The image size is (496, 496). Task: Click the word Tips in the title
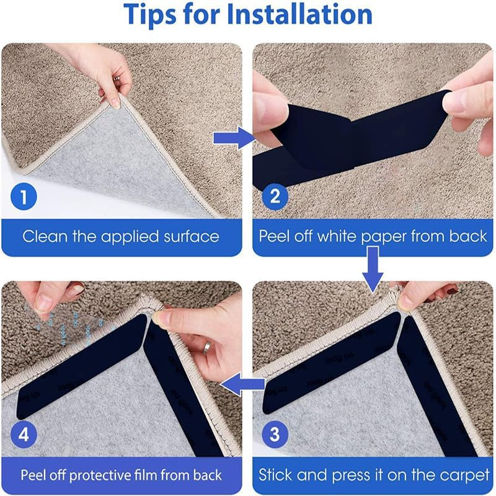point(153,15)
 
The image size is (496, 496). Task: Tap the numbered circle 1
point(24,198)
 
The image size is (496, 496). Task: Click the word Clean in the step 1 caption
point(47,236)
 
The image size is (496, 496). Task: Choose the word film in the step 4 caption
point(151,476)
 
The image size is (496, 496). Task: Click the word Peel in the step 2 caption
point(273,236)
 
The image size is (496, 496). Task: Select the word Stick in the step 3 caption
point(277,476)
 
